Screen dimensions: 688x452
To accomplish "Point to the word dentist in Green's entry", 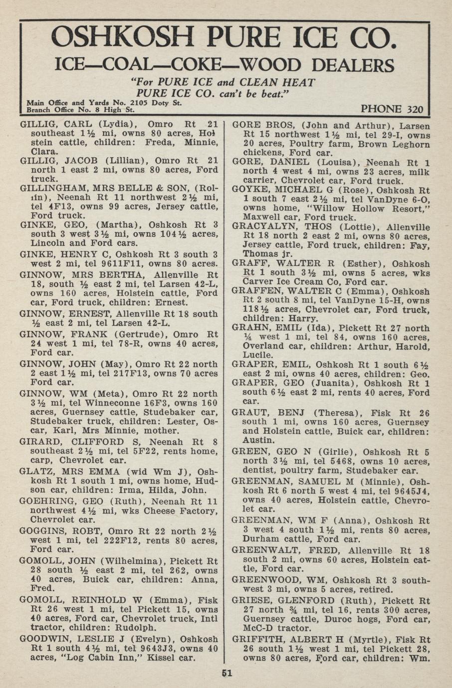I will pos(259,470).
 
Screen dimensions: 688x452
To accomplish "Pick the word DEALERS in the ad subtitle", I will pos(352,65).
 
